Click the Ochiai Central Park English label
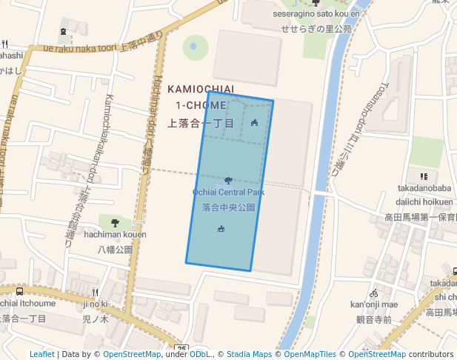point(228,193)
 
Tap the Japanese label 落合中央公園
point(228,207)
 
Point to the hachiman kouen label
point(115,234)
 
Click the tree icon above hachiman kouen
point(115,222)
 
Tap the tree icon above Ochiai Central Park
point(227,180)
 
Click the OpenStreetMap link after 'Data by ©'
point(132,354)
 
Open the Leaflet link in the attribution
point(41,354)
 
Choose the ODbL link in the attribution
point(201,354)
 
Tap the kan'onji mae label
point(374,304)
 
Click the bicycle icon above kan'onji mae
point(374,293)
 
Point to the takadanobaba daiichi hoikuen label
point(424,195)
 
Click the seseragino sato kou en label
point(316,13)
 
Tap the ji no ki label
point(95,304)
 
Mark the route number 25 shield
point(182,348)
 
